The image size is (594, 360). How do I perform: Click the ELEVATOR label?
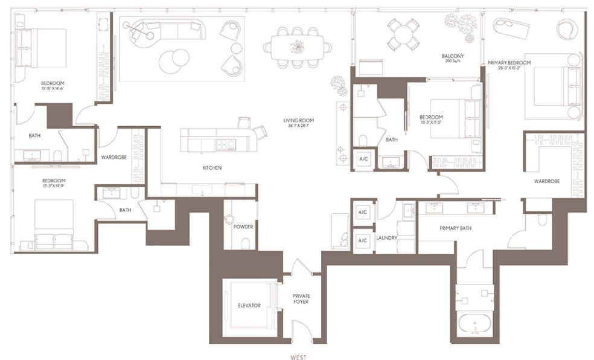[249, 306]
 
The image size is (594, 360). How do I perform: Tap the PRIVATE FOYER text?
[300, 298]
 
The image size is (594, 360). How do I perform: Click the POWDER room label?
[243, 227]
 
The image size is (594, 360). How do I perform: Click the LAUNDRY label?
[387, 238]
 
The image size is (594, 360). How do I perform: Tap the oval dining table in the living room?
[297, 47]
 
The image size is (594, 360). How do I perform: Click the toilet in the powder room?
[246, 243]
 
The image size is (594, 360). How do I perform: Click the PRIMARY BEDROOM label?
[509, 63]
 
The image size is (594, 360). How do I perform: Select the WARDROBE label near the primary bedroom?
[547, 181]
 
